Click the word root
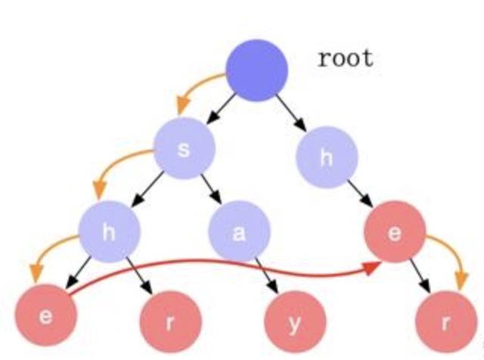(346, 58)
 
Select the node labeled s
(184, 148)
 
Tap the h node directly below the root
(326, 157)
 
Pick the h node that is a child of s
(109, 232)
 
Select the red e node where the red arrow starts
(45, 315)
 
